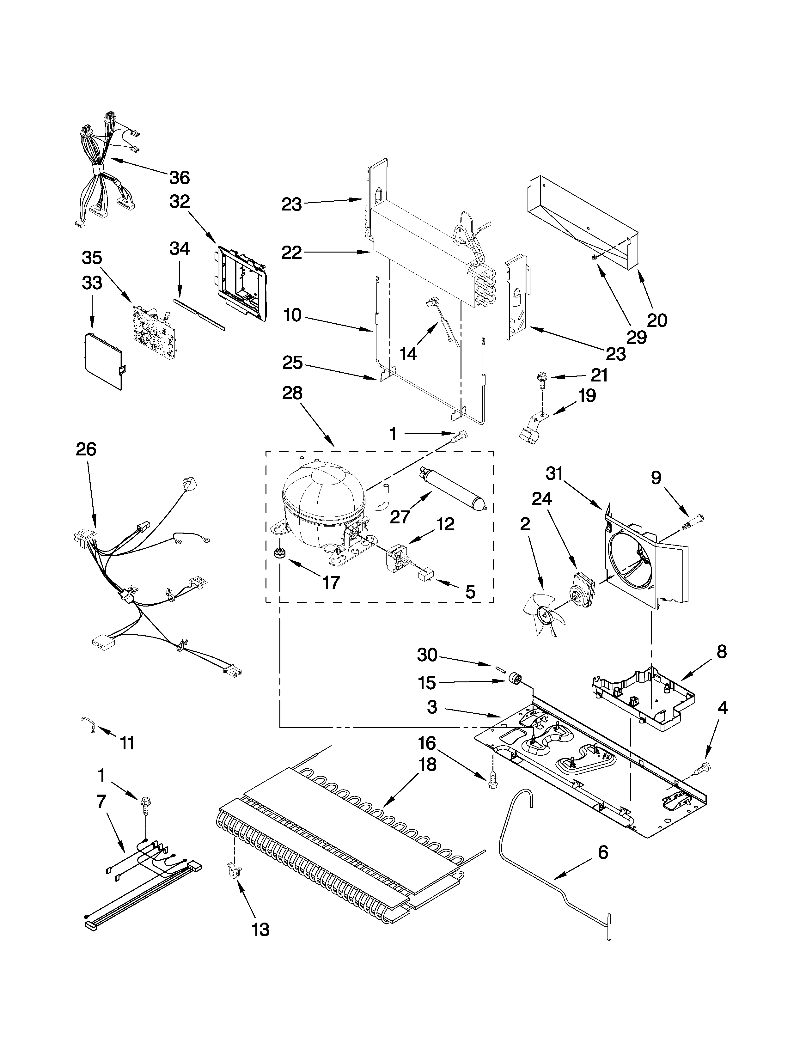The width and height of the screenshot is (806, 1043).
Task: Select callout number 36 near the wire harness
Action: pyautogui.click(x=180, y=178)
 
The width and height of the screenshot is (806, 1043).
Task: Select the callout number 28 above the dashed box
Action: pyautogui.click(x=292, y=393)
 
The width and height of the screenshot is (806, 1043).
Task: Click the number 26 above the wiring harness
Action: pyautogui.click(x=86, y=449)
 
